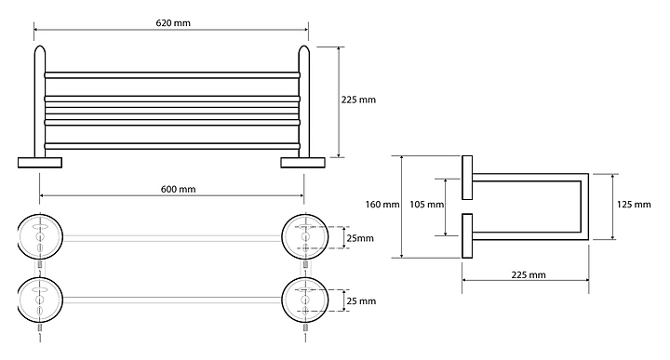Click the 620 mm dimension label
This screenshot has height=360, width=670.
pyautogui.click(x=173, y=22)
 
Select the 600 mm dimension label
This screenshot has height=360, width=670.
pyautogui.click(x=178, y=189)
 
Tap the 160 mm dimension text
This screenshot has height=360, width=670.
pyautogui.click(x=382, y=205)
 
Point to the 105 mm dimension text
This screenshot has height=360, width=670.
pyautogui.click(x=426, y=205)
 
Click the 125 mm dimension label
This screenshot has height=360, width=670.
pyautogui.click(x=634, y=205)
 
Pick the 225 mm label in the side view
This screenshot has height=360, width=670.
pyautogui.click(x=529, y=275)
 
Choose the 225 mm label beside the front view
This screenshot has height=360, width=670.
pyautogui.click(x=358, y=100)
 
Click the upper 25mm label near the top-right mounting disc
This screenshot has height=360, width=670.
pyautogui.click(x=360, y=238)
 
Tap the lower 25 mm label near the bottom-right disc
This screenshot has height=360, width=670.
pyautogui.click(x=361, y=301)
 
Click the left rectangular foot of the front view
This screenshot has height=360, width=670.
pyautogui.click(x=40, y=162)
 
